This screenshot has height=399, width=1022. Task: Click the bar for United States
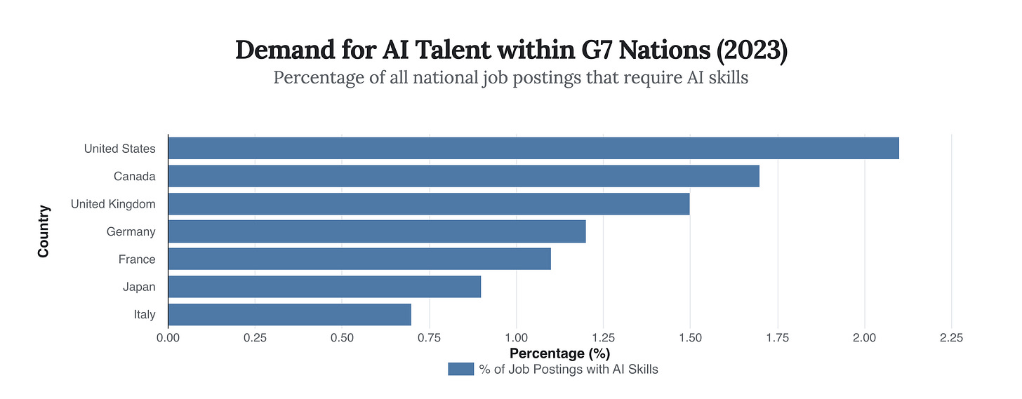[x=533, y=148]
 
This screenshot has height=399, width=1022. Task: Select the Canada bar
[x=463, y=176]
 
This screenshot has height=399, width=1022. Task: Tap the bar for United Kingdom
[x=428, y=203]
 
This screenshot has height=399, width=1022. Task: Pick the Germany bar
[x=376, y=231]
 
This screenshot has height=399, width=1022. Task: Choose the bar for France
[x=359, y=259]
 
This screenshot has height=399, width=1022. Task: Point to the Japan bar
[x=324, y=287]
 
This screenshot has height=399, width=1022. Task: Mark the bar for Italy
[x=289, y=314]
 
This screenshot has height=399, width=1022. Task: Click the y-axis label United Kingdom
[x=113, y=204]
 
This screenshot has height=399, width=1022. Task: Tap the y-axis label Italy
[x=145, y=315]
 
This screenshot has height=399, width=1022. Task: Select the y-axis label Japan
[x=139, y=287]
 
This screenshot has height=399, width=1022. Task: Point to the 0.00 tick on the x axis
[x=168, y=338]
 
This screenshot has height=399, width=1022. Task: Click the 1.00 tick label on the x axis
[x=516, y=338]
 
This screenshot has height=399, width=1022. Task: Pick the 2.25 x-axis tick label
[x=951, y=338]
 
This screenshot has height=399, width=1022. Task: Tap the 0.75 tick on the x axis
[x=429, y=338]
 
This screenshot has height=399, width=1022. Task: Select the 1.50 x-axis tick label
[x=690, y=338]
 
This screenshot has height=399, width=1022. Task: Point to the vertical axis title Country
[x=44, y=231]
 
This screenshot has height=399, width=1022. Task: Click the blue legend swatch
[x=460, y=369]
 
